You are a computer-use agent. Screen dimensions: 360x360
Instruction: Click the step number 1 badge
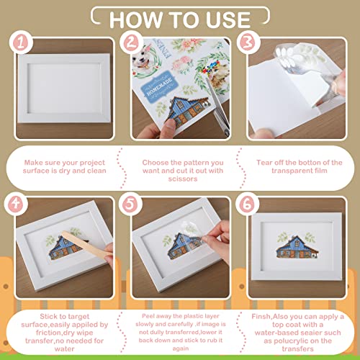click(x=21, y=43)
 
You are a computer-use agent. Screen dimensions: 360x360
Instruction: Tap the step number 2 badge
click(x=131, y=42)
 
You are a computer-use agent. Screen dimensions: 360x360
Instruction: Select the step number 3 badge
click(x=248, y=42)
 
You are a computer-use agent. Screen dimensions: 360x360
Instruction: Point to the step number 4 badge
click(x=16, y=204)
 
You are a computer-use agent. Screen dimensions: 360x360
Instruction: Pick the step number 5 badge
click(x=130, y=204)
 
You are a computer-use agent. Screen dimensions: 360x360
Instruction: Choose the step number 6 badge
click(x=247, y=204)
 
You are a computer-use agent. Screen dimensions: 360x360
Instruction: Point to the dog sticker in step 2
click(x=143, y=60)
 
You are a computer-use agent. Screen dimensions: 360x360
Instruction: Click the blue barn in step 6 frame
click(x=297, y=248)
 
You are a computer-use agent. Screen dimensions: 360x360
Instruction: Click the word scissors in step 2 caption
click(x=183, y=179)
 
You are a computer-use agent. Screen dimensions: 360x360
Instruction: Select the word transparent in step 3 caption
click(x=288, y=171)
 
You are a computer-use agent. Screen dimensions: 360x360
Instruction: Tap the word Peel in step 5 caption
click(x=147, y=316)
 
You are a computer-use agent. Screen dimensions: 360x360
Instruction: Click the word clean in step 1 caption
click(x=96, y=171)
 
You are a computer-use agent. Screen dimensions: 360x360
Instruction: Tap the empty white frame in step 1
click(x=64, y=89)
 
